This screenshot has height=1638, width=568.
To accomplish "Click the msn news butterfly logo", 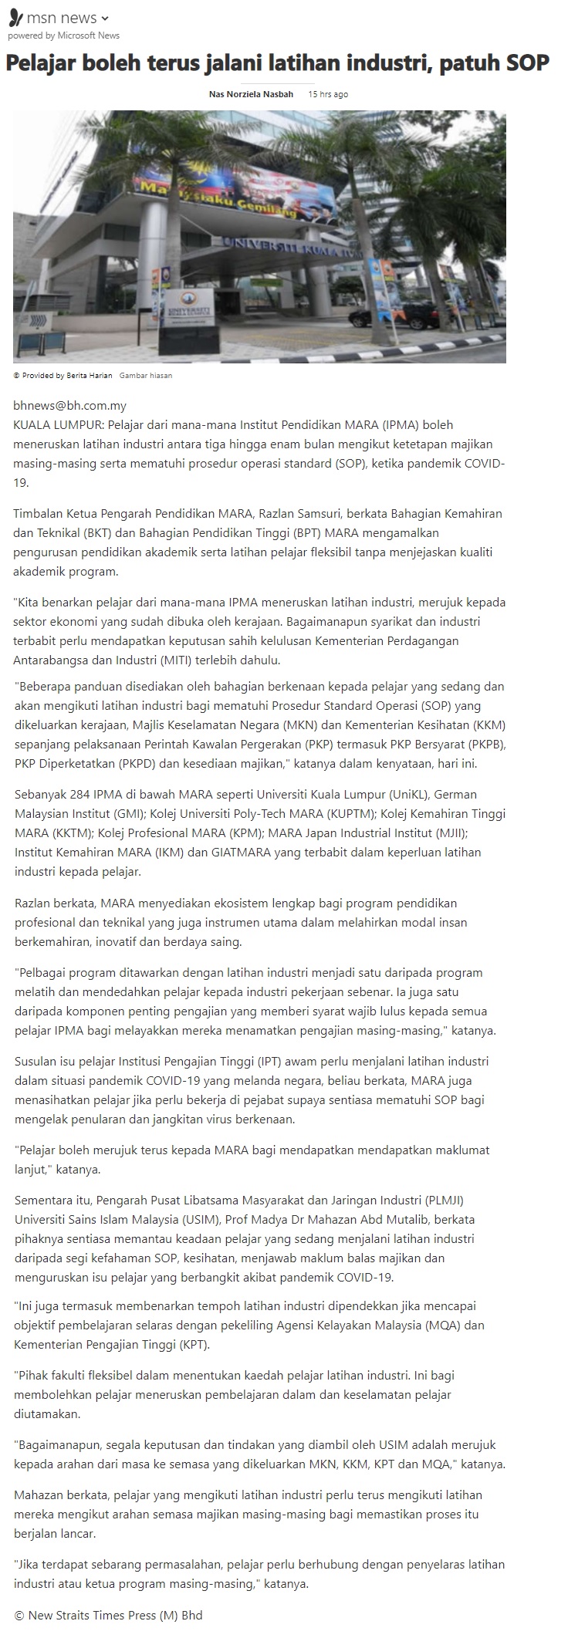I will click(15, 17).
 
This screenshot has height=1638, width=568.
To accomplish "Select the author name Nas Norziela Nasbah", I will click(251, 94).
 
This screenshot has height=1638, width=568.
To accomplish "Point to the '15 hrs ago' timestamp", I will click(328, 94).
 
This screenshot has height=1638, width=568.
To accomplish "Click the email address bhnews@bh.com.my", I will click(69, 406).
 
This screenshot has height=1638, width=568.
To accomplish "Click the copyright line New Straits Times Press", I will click(108, 1615).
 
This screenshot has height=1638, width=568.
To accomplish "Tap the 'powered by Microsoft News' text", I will click(63, 35).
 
